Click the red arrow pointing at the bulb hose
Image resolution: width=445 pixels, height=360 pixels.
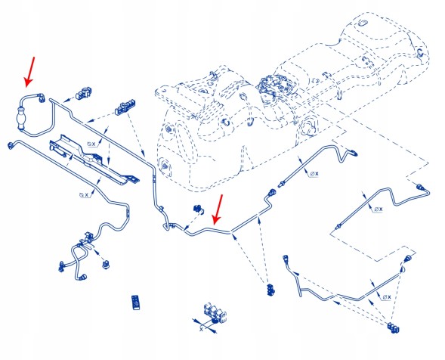(x=29, y=72)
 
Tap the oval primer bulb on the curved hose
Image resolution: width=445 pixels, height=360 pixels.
(x=21, y=118)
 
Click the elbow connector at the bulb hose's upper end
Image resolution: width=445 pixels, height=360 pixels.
(x=42, y=96)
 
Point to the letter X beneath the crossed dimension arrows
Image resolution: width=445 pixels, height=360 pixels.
(x=202, y=329)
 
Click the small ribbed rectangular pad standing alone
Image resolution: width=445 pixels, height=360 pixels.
(x=136, y=303)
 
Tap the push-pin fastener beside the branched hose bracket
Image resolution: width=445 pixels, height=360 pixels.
(x=107, y=264)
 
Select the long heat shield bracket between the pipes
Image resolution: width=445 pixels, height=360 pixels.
(x=94, y=160)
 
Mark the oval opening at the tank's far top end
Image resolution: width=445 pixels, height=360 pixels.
(x=363, y=23)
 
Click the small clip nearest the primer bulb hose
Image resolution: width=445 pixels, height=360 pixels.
(x=83, y=93)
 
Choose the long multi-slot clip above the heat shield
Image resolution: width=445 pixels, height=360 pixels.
(x=125, y=107)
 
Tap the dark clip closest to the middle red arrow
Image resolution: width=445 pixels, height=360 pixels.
(x=199, y=209)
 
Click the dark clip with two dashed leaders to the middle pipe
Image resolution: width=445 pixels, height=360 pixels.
(x=270, y=289)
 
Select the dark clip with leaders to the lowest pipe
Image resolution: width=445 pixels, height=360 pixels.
(x=393, y=328)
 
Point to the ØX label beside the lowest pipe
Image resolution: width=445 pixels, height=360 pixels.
(x=387, y=297)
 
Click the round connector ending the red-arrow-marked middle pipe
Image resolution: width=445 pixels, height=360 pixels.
(x=272, y=192)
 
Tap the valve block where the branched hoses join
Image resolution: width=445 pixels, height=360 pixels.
(x=89, y=237)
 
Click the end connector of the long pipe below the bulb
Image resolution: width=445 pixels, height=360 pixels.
(x=11, y=144)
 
